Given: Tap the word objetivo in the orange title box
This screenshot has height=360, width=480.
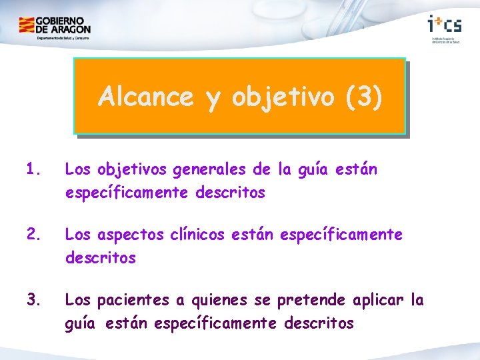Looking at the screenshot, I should (x=285, y=97).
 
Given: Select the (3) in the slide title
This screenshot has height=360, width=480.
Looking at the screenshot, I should (x=364, y=97).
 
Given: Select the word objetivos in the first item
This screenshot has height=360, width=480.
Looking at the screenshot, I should (x=133, y=171).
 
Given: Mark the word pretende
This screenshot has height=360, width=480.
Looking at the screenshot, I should (x=309, y=301).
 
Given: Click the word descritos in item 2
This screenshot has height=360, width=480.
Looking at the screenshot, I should (x=100, y=257).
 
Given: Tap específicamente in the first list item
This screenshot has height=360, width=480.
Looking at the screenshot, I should (x=127, y=193).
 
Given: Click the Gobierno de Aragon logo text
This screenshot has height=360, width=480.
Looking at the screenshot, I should (x=63, y=25).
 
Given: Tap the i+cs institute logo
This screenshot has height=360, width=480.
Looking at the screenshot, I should (x=444, y=25).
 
